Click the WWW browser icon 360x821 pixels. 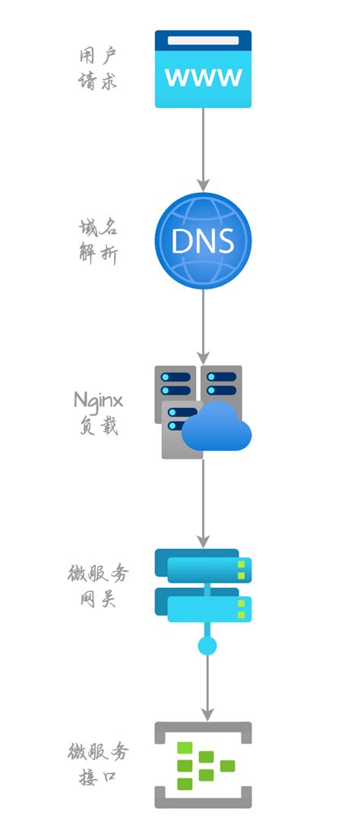pyautogui.click(x=203, y=70)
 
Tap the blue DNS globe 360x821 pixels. pyautogui.click(x=203, y=240)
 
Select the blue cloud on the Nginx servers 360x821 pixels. pyautogui.click(x=217, y=430)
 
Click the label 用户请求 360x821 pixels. pyautogui.click(x=98, y=69)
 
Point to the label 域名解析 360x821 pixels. pyautogui.click(x=98, y=240)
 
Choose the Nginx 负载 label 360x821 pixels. pyautogui.click(x=98, y=412)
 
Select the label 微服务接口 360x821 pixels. pyautogui.click(x=98, y=764)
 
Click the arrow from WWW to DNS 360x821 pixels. pyautogui.click(x=203, y=149)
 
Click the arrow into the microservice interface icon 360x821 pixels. pyautogui.click(x=207, y=687)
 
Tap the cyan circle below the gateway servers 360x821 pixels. pyautogui.click(x=207, y=646)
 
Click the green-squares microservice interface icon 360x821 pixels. pyautogui.click(x=204, y=765)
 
